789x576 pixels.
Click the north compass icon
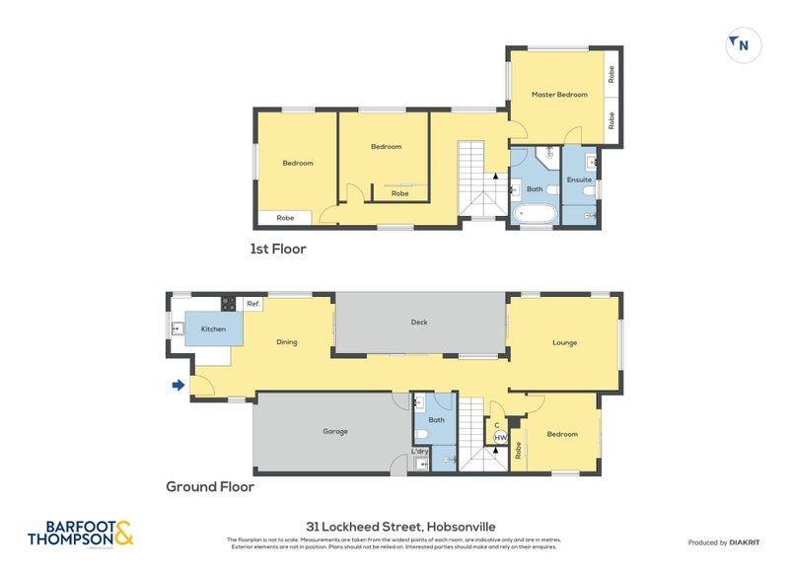[x=741, y=43]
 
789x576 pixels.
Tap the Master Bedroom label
[x=559, y=95]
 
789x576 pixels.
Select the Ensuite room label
[x=579, y=180]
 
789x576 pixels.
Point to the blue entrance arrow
[x=179, y=386]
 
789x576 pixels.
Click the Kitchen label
[x=213, y=328]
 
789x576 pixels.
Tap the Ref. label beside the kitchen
[x=253, y=304]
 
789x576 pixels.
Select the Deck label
[x=418, y=323]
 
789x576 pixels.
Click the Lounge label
[x=564, y=342]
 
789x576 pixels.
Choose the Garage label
[x=335, y=431]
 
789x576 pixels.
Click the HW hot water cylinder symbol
[x=500, y=437]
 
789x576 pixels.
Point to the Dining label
[x=286, y=342]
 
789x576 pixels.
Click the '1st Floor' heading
[x=277, y=250]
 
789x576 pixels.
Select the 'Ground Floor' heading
[x=210, y=486]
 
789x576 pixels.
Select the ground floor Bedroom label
[x=562, y=434]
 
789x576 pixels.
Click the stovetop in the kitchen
[x=228, y=304]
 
